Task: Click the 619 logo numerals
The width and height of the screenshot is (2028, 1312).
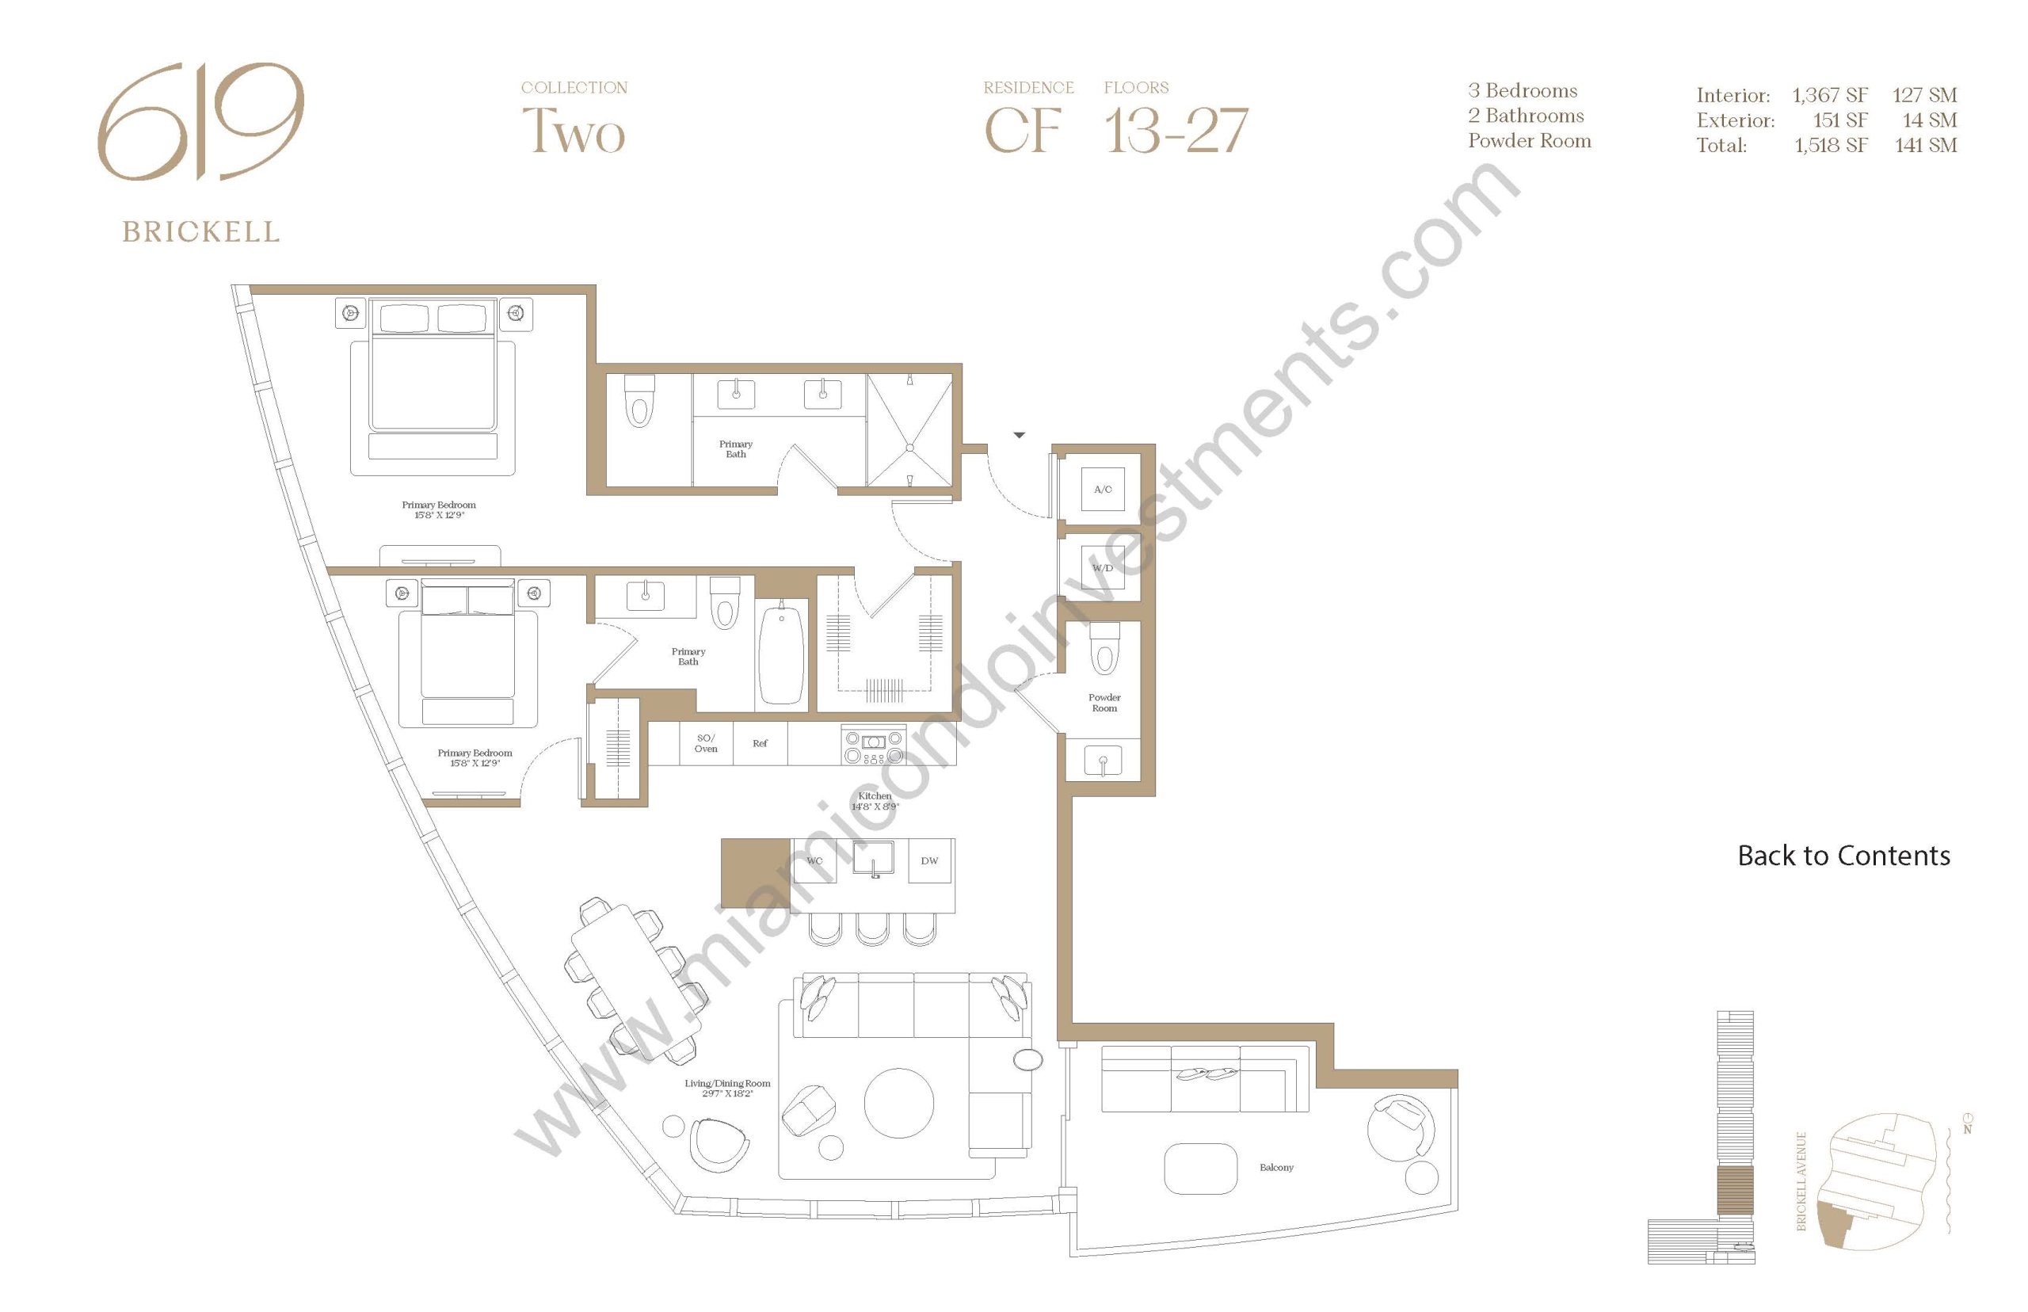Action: [x=200, y=121]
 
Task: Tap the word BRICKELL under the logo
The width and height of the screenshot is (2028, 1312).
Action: [x=201, y=231]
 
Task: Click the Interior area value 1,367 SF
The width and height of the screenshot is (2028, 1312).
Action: [x=1829, y=94]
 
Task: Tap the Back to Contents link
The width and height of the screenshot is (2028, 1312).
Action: [x=1843, y=856]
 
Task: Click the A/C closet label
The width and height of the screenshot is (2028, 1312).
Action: [x=1102, y=489]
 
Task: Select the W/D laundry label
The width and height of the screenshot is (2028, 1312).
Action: [x=1102, y=567]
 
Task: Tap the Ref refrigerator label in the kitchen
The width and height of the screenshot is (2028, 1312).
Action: [x=760, y=743]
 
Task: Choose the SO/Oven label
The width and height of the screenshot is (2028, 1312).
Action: [x=705, y=743]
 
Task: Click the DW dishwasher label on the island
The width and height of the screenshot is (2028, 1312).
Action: [x=929, y=860]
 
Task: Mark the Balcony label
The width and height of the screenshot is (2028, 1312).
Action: [x=1276, y=1167]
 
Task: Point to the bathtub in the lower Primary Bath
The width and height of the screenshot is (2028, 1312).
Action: [x=781, y=654]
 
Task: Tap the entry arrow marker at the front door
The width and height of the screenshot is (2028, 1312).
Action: [x=1019, y=435]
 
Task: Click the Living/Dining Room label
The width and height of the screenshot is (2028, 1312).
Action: [x=727, y=1088]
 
